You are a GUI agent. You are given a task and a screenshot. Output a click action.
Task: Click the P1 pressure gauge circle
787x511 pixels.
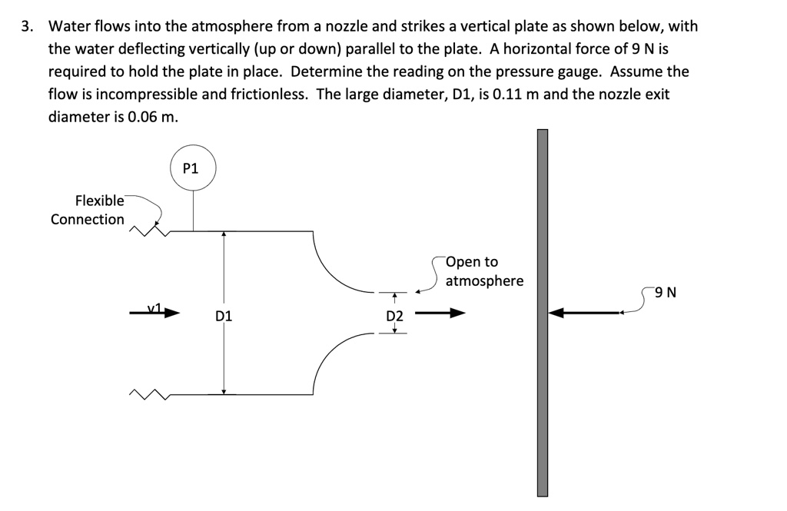tap(192, 168)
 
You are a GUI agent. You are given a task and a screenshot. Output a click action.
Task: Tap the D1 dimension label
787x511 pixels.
tap(224, 316)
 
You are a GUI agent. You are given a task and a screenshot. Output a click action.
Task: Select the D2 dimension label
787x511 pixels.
tap(393, 316)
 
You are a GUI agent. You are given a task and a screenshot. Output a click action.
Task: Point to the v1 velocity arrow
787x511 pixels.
tap(157, 312)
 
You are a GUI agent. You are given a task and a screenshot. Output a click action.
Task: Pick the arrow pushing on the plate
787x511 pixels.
tap(588, 313)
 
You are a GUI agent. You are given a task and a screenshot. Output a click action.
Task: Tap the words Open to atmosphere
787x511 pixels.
tap(484, 271)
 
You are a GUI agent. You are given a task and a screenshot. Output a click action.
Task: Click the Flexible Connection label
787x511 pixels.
tap(88, 210)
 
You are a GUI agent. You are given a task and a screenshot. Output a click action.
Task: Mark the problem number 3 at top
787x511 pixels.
tap(27, 27)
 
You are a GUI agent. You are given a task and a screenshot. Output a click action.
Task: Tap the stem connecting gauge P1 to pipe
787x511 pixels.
tap(192, 210)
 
